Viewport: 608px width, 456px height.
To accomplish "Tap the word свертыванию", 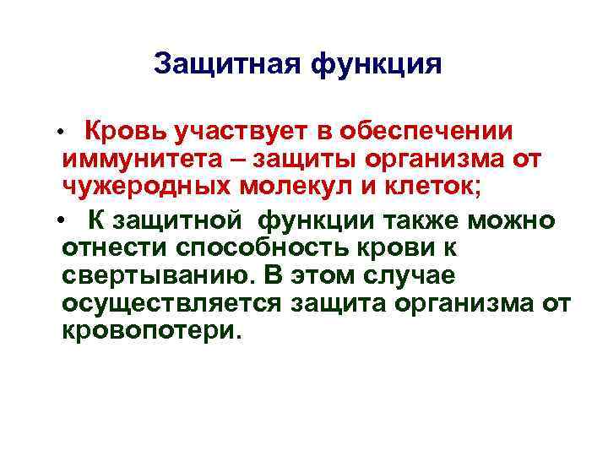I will [157, 275].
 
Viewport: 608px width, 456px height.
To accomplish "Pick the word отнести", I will [114, 248].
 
